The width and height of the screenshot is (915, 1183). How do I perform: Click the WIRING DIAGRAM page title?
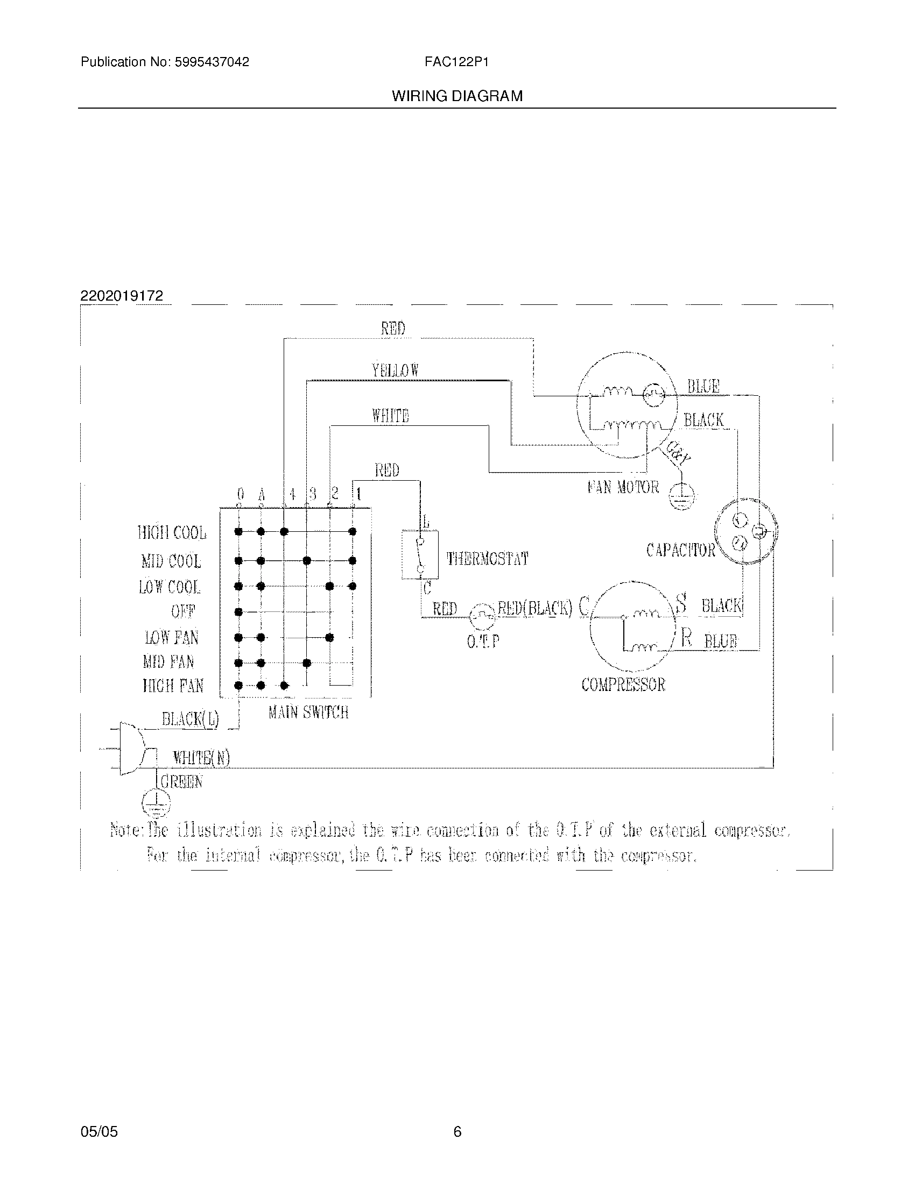457,96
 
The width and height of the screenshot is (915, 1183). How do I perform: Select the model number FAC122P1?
456,62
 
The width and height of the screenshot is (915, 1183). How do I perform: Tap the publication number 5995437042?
212,62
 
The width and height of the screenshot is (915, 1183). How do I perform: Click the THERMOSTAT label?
487,559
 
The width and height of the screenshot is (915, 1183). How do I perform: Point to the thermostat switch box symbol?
420,555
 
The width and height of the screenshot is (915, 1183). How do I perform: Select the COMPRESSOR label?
623,685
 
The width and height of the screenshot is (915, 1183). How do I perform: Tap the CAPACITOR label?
680,550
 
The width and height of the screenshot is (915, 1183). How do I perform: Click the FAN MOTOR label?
623,487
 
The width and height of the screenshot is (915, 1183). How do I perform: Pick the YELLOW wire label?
395,370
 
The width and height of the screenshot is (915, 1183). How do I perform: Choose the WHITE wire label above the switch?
390,416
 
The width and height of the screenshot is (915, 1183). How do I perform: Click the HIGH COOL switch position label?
172,533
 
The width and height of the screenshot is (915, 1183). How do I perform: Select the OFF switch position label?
183,611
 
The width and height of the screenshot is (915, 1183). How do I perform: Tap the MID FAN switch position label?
168,661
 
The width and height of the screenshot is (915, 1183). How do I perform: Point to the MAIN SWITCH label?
308,712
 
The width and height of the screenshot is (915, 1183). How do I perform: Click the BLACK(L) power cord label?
190,719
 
